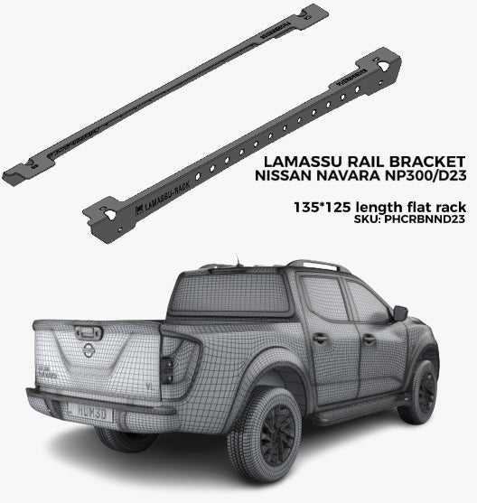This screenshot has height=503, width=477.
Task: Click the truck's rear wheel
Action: tap(264, 433)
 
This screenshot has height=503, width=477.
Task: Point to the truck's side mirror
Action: tap(398, 313)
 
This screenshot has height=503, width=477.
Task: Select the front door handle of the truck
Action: tap(369, 339)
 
